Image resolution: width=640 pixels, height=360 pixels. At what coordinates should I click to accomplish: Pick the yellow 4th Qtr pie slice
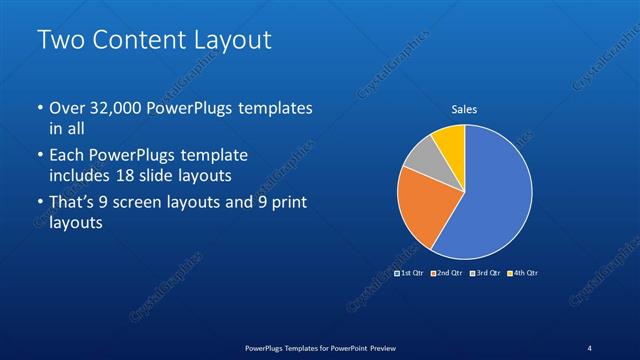coord(449,142)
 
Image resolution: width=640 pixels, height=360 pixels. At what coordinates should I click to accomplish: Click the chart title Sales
coord(464,109)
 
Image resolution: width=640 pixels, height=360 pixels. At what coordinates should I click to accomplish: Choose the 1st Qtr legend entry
coord(410,273)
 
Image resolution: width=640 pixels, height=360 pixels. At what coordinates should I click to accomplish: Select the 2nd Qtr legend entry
coord(446,273)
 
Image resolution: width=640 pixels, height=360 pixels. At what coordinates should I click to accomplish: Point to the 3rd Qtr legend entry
coord(484,273)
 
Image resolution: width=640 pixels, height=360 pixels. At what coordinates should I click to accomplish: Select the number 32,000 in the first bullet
coord(117,108)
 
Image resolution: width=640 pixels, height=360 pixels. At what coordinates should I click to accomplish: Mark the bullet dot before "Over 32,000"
coord(40,108)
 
